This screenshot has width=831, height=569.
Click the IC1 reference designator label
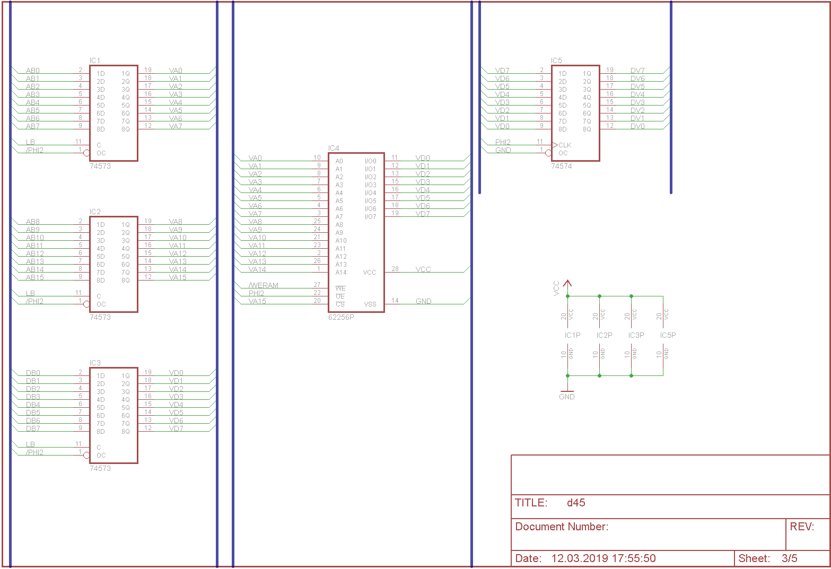[x=95, y=61]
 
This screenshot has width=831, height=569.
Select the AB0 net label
[x=33, y=71]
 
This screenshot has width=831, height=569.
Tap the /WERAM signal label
[x=264, y=286]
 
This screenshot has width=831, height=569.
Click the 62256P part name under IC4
[x=341, y=318]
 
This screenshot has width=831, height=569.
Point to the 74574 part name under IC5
[x=562, y=167]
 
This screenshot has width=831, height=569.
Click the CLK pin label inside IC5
[x=565, y=145]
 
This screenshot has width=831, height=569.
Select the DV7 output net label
[x=637, y=71]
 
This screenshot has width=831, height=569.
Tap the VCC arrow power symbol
[x=567, y=284]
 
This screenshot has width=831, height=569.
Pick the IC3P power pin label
[x=636, y=335]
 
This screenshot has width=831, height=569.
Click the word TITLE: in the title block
[x=531, y=503]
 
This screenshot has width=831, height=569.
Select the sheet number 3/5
[x=789, y=558]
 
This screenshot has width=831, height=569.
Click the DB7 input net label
[x=33, y=429]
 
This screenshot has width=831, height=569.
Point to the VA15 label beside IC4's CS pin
[x=257, y=302]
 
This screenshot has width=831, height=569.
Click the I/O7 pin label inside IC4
[x=370, y=217]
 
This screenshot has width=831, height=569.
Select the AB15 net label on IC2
[x=35, y=278]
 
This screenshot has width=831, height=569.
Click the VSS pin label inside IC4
[x=370, y=304]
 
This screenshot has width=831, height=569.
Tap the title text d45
[x=576, y=503]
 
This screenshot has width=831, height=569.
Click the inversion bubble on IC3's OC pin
[x=86, y=455]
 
